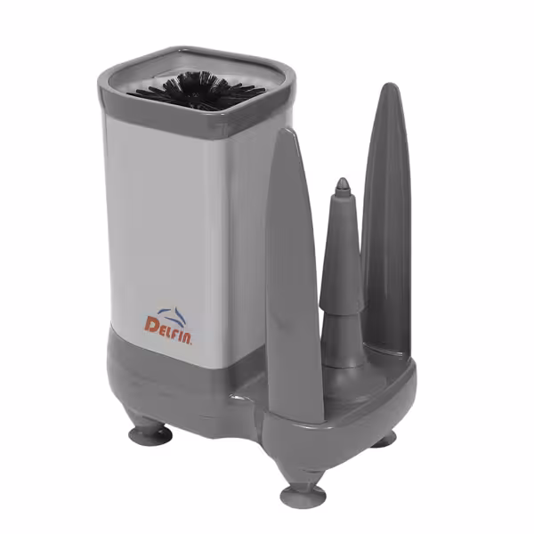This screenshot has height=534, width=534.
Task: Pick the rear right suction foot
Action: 384,439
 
